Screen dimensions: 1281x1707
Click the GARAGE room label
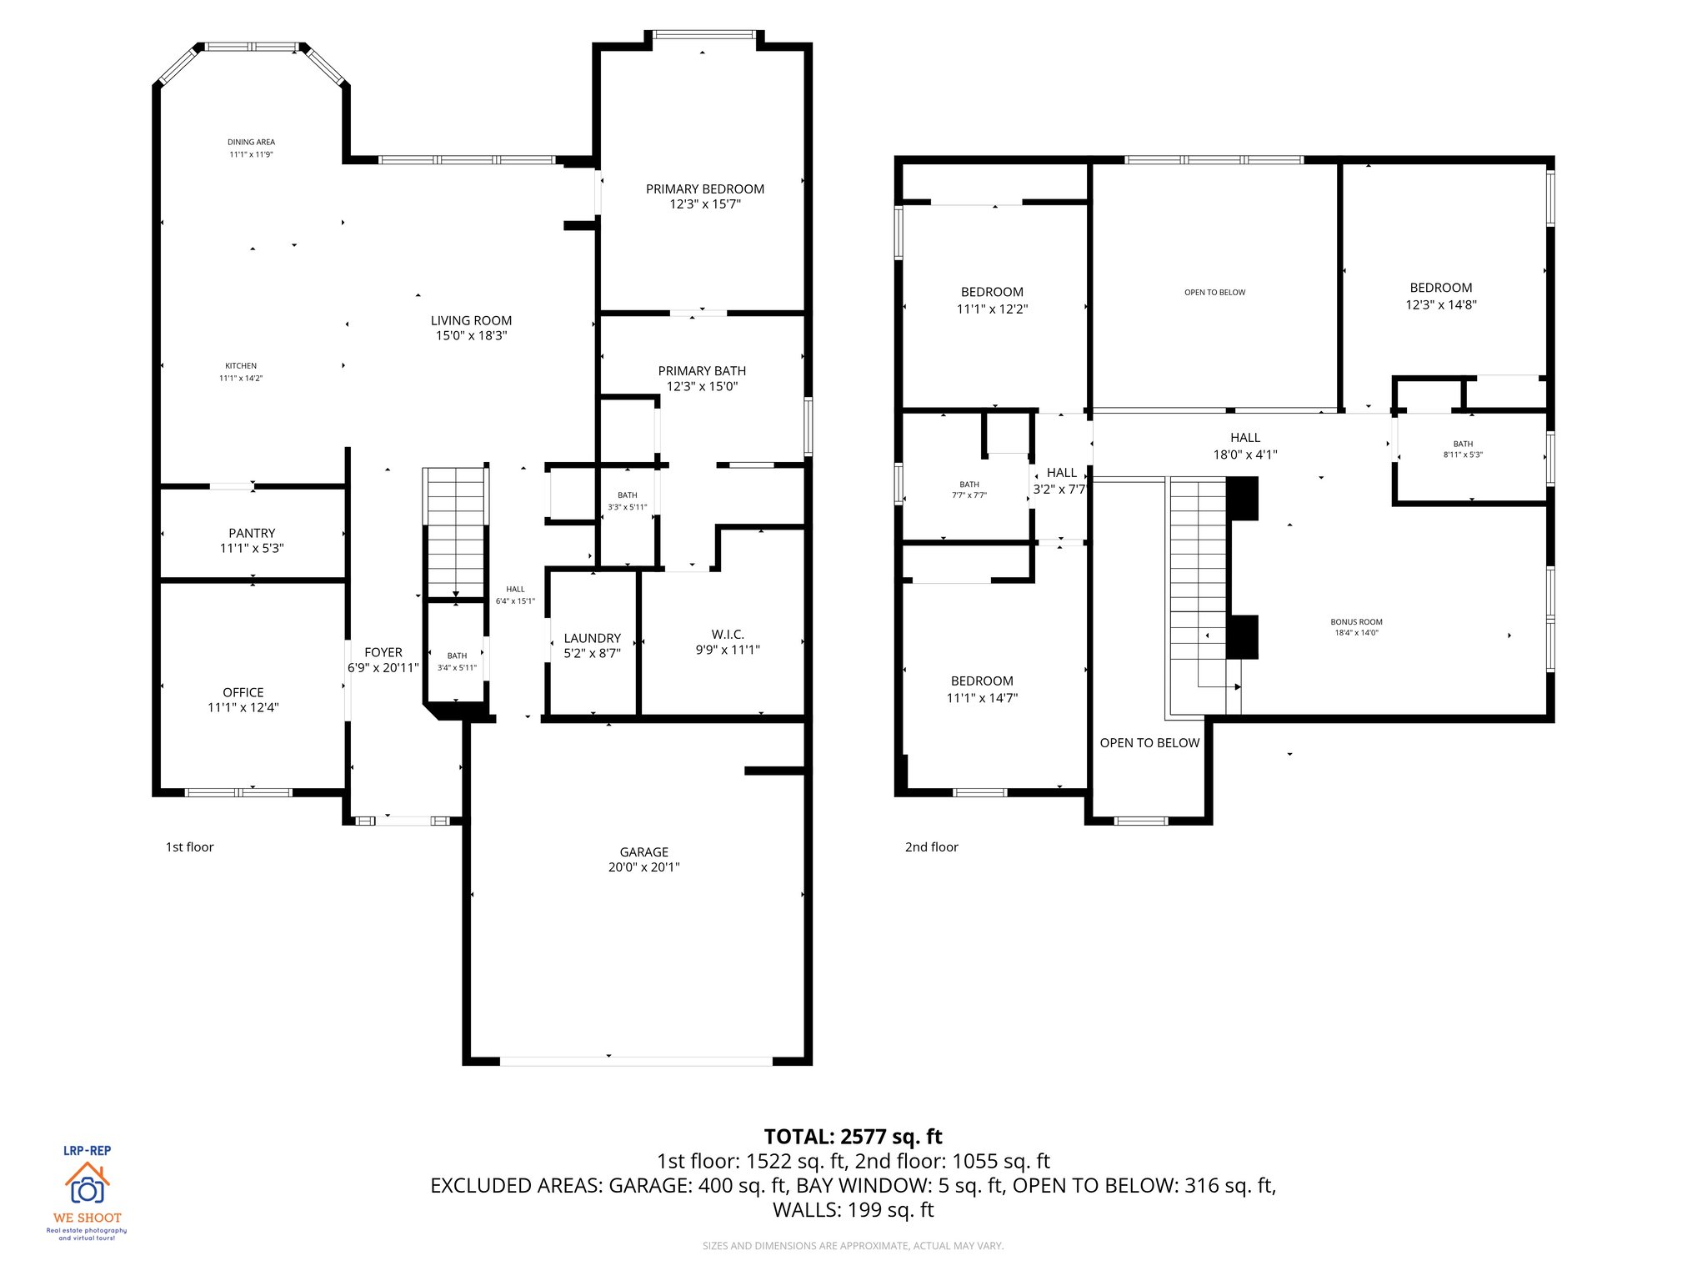[x=643, y=851]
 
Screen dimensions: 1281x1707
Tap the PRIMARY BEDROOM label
[x=704, y=188]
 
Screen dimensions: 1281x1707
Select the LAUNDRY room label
[x=592, y=638]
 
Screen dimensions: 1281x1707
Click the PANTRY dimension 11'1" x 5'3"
[x=252, y=548]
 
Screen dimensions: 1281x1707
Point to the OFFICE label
[x=243, y=692]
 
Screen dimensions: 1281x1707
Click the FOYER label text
[x=383, y=652]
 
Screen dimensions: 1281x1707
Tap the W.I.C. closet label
[x=727, y=635]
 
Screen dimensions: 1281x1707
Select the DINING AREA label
[x=251, y=142]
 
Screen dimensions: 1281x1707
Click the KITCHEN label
[x=241, y=365]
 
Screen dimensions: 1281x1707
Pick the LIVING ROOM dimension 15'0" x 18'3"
[x=471, y=335]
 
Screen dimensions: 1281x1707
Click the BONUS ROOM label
[x=1356, y=621]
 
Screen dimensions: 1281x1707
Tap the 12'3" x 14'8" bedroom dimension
[x=1440, y=304]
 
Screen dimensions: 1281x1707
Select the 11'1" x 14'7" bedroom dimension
[x=982, y=698]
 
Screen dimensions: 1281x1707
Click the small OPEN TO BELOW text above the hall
[x=1214, y=292]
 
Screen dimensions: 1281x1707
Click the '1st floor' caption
[x=189, y=846]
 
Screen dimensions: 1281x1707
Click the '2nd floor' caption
[x=931, y=846]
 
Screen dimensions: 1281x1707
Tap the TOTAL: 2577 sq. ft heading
[x=853, y=1137]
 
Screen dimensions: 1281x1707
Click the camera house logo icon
[x=87, y=1183]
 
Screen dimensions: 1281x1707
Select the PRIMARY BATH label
[x=702, y=370]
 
